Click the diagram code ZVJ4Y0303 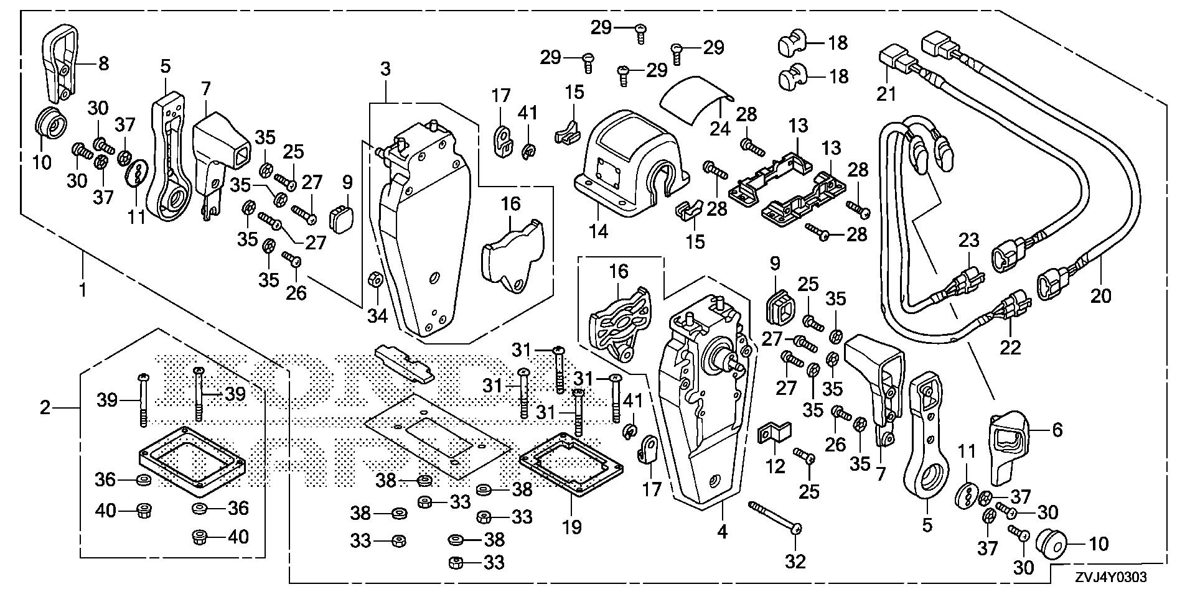click(x=1109, y=578)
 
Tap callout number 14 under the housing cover click(x=599, y=231)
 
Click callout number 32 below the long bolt click(x=795, y=562)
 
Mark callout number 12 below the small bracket click(x=776, y=466)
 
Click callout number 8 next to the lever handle click(x=103, y=63)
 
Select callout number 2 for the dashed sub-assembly click(x=45, y=408)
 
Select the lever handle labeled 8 click(x=62, y=56)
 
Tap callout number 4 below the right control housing click(x=722, y=532)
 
